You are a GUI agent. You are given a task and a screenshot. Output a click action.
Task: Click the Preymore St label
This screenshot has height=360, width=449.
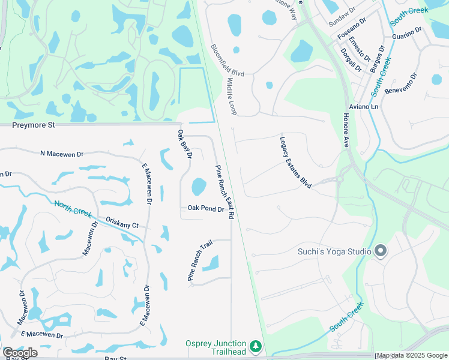pyautogui.click(x=34, y=125)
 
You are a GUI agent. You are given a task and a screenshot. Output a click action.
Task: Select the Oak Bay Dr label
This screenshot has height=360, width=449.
pyautogui.click(x=184, y=144)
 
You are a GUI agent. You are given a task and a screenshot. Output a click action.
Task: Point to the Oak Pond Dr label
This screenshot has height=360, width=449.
pyautogui.click(x=206, y=209)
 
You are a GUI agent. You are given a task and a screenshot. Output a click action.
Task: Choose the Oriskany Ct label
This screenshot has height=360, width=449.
pyautogui.click(x=122, y=223)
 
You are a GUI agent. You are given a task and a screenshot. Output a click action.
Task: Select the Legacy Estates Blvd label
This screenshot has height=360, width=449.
pyautogui.click(x=295, y=163)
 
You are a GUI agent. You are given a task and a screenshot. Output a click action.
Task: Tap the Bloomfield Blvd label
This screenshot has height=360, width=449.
pyautogui.click(x=228, y=60)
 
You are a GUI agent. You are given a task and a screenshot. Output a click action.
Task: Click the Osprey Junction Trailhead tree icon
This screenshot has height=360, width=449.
pyautogui.click(x=256, y=346)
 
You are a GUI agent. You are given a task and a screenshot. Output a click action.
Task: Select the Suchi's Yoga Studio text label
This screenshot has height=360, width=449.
pyautogui.click(x=334, y=251)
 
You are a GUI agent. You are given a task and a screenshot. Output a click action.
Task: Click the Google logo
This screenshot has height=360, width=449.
pyautogui.click(x=20, y=353)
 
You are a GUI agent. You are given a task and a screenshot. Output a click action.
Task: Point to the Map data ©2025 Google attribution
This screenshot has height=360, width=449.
pyautogui.click(x=411, y=356)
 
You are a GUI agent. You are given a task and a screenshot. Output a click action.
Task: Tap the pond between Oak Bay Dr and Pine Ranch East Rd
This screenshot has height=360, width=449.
pyautogui.click(x=199, y=187)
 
